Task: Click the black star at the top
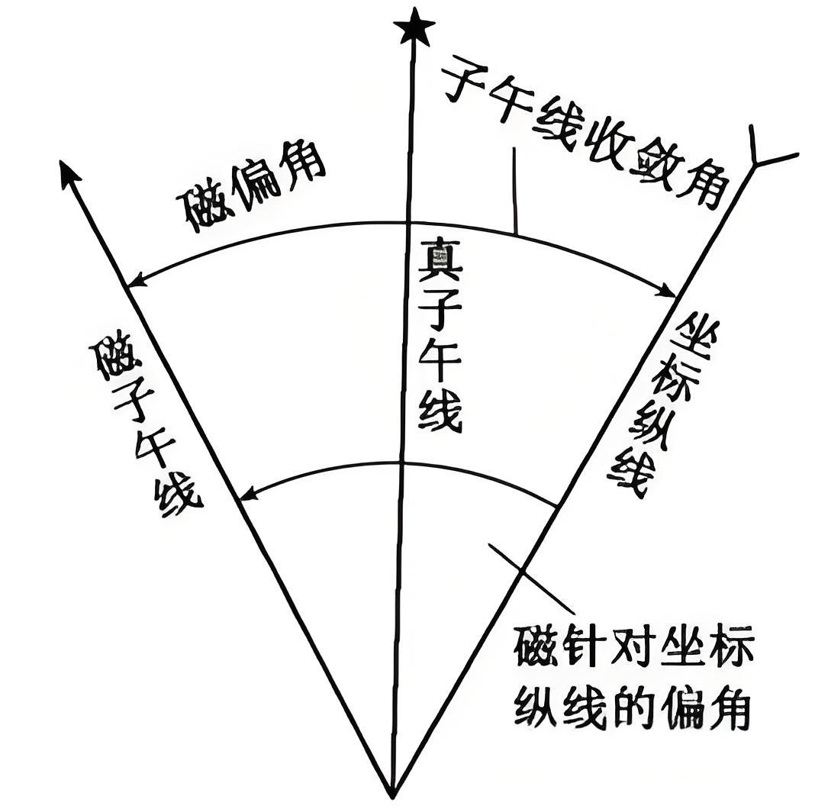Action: point(414,28)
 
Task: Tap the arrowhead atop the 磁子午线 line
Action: point(69,174)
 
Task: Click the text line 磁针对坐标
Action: point(633,647)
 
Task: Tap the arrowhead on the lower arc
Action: point(247,496)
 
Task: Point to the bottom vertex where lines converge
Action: point(392,794)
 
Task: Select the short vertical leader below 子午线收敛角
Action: point(514,191)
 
